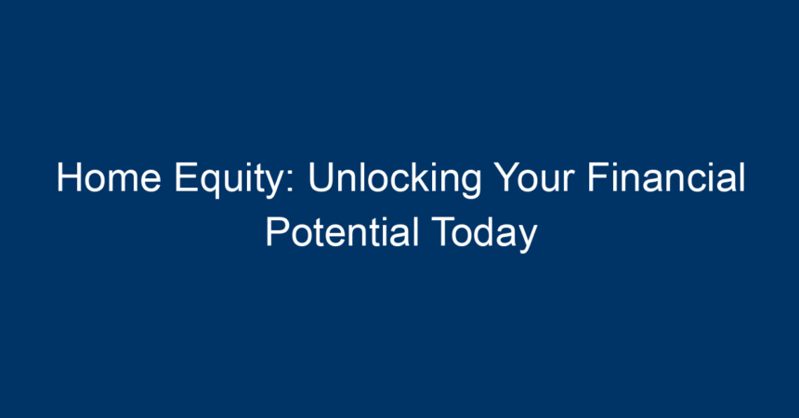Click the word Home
(x=109, y=177)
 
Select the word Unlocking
(x=395, y=179)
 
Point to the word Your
(x=534, y=177)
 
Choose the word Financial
(x=666, y=176)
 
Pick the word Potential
(x=342, y=232)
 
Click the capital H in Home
(x=69, y=177)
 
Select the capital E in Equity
(x=186, y=177)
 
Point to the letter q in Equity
(x=210, y=185)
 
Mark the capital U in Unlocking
(x=321, y=178)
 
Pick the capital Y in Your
(x=507, y=177)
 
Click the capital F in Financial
(x=598, y=177)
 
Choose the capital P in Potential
(x=277, y=232)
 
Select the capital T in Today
(x=444, y=232)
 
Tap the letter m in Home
(x=124, y=181)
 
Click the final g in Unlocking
(x=471, y=185)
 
